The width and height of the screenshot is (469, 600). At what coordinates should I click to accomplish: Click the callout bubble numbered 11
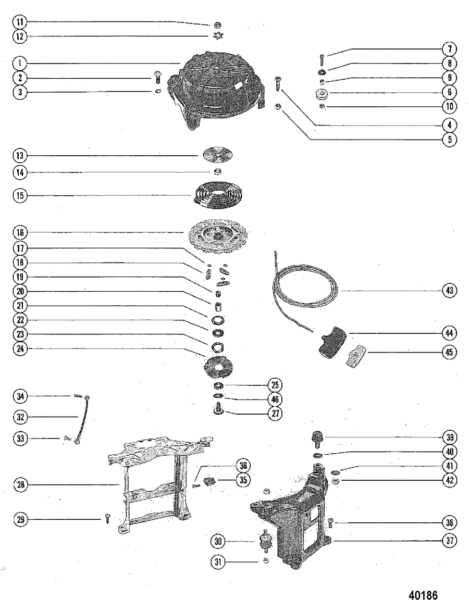coord(20,22)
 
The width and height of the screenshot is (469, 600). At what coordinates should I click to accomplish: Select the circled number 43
coord(450,291)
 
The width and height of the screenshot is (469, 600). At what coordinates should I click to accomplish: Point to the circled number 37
coord(450,541)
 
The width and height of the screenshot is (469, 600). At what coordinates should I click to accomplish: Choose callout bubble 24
coord(20,348)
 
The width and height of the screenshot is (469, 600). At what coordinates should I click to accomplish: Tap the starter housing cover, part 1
coord(217,90)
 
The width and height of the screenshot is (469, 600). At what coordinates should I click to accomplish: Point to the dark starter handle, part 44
coord(331,342)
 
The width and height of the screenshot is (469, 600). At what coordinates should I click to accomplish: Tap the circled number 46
coord(274,399)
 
